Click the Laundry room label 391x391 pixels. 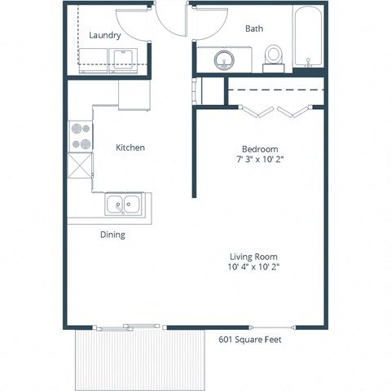click(x=105, y=36)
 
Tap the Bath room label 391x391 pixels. click(x=254, y=29)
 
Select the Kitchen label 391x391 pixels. click(x=130, y=147)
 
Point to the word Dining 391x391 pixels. click(x=112, y=235)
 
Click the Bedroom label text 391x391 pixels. click(x=260, y=149)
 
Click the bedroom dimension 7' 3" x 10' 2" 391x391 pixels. click(x=260, y=160)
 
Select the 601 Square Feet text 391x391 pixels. click(x=249, y=340)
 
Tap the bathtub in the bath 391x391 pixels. click(x=309, y=39)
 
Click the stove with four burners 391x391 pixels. click(x=81, y=136)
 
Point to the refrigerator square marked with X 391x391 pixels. click(x=81, y=167)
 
